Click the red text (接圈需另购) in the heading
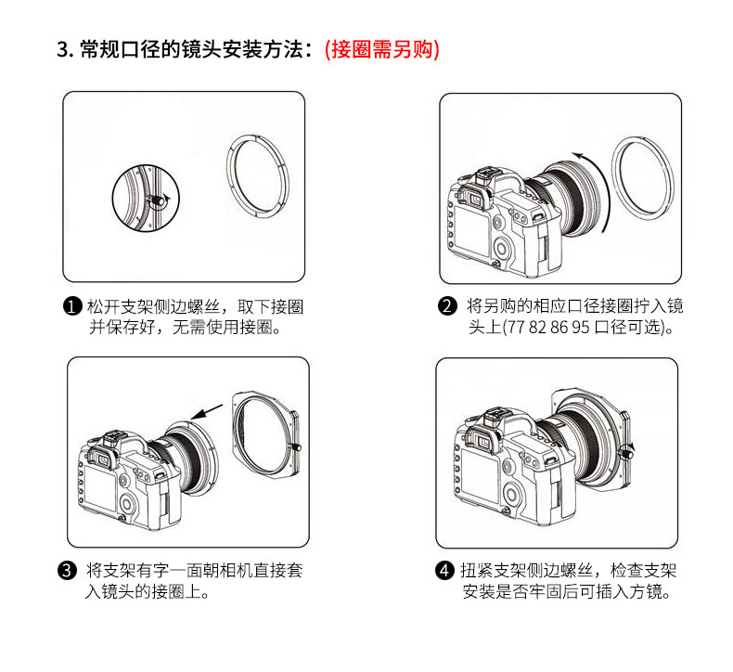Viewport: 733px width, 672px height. (x=382, y=49)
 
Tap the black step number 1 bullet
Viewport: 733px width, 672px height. (x=72, y=307)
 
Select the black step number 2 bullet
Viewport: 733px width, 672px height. (x=447, y=306)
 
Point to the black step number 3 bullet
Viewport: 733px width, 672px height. (x=67, y=571)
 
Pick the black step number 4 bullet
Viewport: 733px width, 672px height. (x=444, y=571)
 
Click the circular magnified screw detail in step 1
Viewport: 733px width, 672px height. (x=146, y=199)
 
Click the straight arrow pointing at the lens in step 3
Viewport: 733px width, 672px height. (x=206, y=412)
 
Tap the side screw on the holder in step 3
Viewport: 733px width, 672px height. (x=296, y=447)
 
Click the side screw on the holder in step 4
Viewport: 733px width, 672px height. (x=626, y=452)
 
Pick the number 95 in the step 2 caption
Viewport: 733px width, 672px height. (x=580, y=327)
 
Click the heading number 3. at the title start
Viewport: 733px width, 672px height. (x=65, y=49)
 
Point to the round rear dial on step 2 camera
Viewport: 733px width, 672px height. (x=501, y=248)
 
